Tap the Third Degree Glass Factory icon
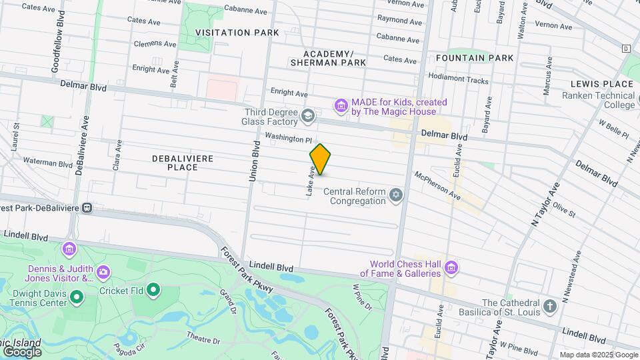pos(307,117)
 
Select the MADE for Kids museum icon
pos(341,107)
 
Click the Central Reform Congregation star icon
pos(397,196)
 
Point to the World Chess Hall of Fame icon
pos(451,268)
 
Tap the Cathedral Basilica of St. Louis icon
pos(549,307)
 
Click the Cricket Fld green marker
pos(154,290)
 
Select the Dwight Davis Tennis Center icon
pos(77,297)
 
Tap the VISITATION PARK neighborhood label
pos(232,32)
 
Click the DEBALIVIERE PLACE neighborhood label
pos(175,163)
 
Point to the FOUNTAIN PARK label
pos(475,58)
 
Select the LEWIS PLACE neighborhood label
pos(601,84)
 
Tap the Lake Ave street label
pos(310,181)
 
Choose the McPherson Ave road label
pos(437,186)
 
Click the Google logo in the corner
pos(21,351)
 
